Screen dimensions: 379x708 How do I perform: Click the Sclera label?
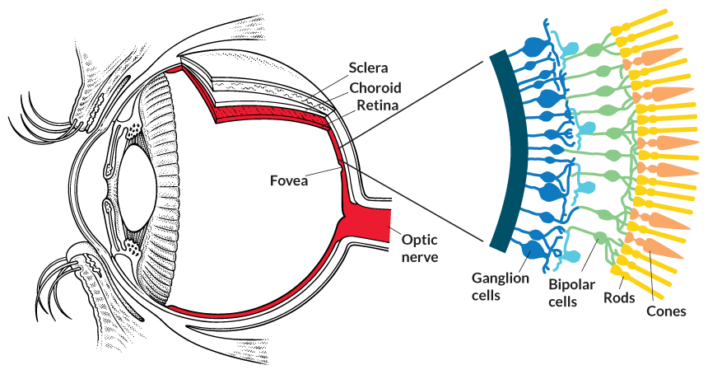[x=367, y=68]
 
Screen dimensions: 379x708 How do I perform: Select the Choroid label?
[x=375, y=88]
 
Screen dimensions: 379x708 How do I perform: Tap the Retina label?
[x=377, y=106]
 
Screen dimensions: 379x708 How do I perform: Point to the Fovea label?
[x=288, y=180]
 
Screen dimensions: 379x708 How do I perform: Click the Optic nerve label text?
[x=419, y=248]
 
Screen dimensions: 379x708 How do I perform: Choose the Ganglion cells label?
[x=500, y=287]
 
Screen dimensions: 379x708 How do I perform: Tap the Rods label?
[x=619, y=297]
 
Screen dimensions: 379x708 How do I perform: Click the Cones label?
[x=666, y=311]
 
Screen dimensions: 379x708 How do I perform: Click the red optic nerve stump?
[x=370, y=225]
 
